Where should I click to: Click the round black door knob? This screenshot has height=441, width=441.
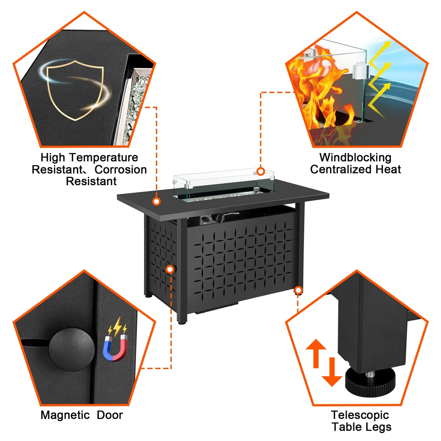coord(71,349)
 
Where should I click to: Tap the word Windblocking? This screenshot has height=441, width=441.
coord(355,157)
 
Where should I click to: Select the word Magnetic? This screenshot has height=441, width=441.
coord(65,415)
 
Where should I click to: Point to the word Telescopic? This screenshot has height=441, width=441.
coord(360,415)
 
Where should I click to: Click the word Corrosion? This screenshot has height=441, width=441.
coord(121,169)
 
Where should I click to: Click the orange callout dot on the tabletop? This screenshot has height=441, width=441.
coord(157,201)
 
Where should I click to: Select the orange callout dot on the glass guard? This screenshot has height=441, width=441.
coord(261,171)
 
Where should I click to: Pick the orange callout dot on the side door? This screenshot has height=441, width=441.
coord(170,269)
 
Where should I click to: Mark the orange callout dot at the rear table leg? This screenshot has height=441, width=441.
coord(298,290)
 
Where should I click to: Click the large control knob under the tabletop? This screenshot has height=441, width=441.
coord(219,218)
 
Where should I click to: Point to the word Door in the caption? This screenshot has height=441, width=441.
coord(110,415)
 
